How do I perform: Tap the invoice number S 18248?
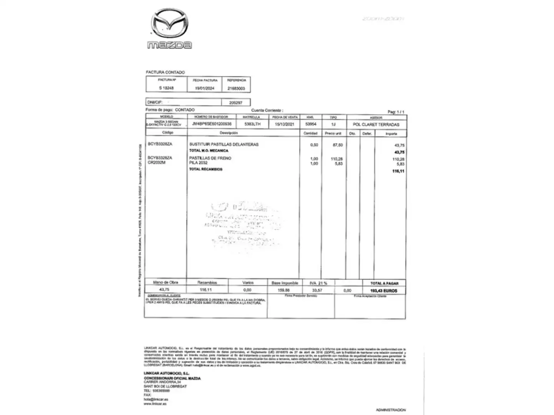click(x=166, y=88)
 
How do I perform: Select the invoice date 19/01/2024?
click(x=205, y=88)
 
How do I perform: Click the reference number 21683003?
click(x=236, y=88)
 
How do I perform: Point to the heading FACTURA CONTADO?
click(x=165, y=72)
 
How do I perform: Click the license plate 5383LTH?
click(x=252, y=124)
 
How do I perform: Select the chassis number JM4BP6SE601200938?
click(x=212, y=124)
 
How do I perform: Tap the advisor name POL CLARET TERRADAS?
click(x=376, y=124)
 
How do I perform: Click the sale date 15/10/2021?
click(x=285, y=124)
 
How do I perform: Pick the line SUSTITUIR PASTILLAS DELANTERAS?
click(x=224, y=144)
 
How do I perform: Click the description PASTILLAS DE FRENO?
click(x=210, y=158)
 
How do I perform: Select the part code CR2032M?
click(x=157, y=163)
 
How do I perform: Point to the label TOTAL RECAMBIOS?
click(x=206, y=169)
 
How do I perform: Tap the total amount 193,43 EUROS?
click(x=384, y=291)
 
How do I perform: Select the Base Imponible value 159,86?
click(x=284, y=290)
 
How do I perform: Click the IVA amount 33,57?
click(x=317, y=290)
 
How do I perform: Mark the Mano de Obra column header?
click(x=165, y=282)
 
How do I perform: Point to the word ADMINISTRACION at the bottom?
click(x=390, y=410)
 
